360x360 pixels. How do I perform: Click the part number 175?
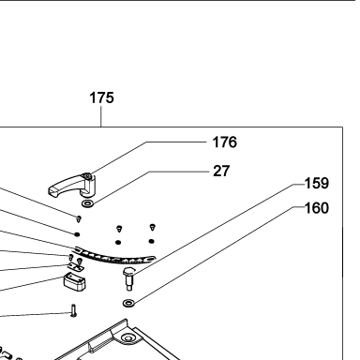click(x=101, y=97)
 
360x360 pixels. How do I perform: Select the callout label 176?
click(x=225, y=142)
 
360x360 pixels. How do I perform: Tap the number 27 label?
click(x=221, y=171)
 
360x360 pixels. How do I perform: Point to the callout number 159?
click(x=317, y=183)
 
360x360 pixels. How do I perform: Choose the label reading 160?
click(x=317, y=208)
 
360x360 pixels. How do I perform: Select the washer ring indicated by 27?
click(x=87, y=204)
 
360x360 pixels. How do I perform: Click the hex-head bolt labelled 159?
click(x=128, y=278)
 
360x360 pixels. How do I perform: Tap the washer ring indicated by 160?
click(x=128, y=303)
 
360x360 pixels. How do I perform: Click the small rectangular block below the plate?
click(x=75, y=280)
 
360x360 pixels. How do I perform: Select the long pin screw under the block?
click(x=73, y=310)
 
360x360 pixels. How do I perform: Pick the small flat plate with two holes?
click(x=76, y=266)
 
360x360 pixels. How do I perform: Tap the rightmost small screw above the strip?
click(x=152, y=227)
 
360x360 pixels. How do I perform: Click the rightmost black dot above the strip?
click(x=151, y=241)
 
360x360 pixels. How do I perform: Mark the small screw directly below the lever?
click(x=79, y=218)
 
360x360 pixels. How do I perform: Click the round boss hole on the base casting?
click(x=127, y=337)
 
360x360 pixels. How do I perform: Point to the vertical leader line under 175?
click(x=101, y=116)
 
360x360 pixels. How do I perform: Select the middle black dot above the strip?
click(x=118, y=242)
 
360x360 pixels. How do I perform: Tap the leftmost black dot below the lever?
click(x=77, y=234)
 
